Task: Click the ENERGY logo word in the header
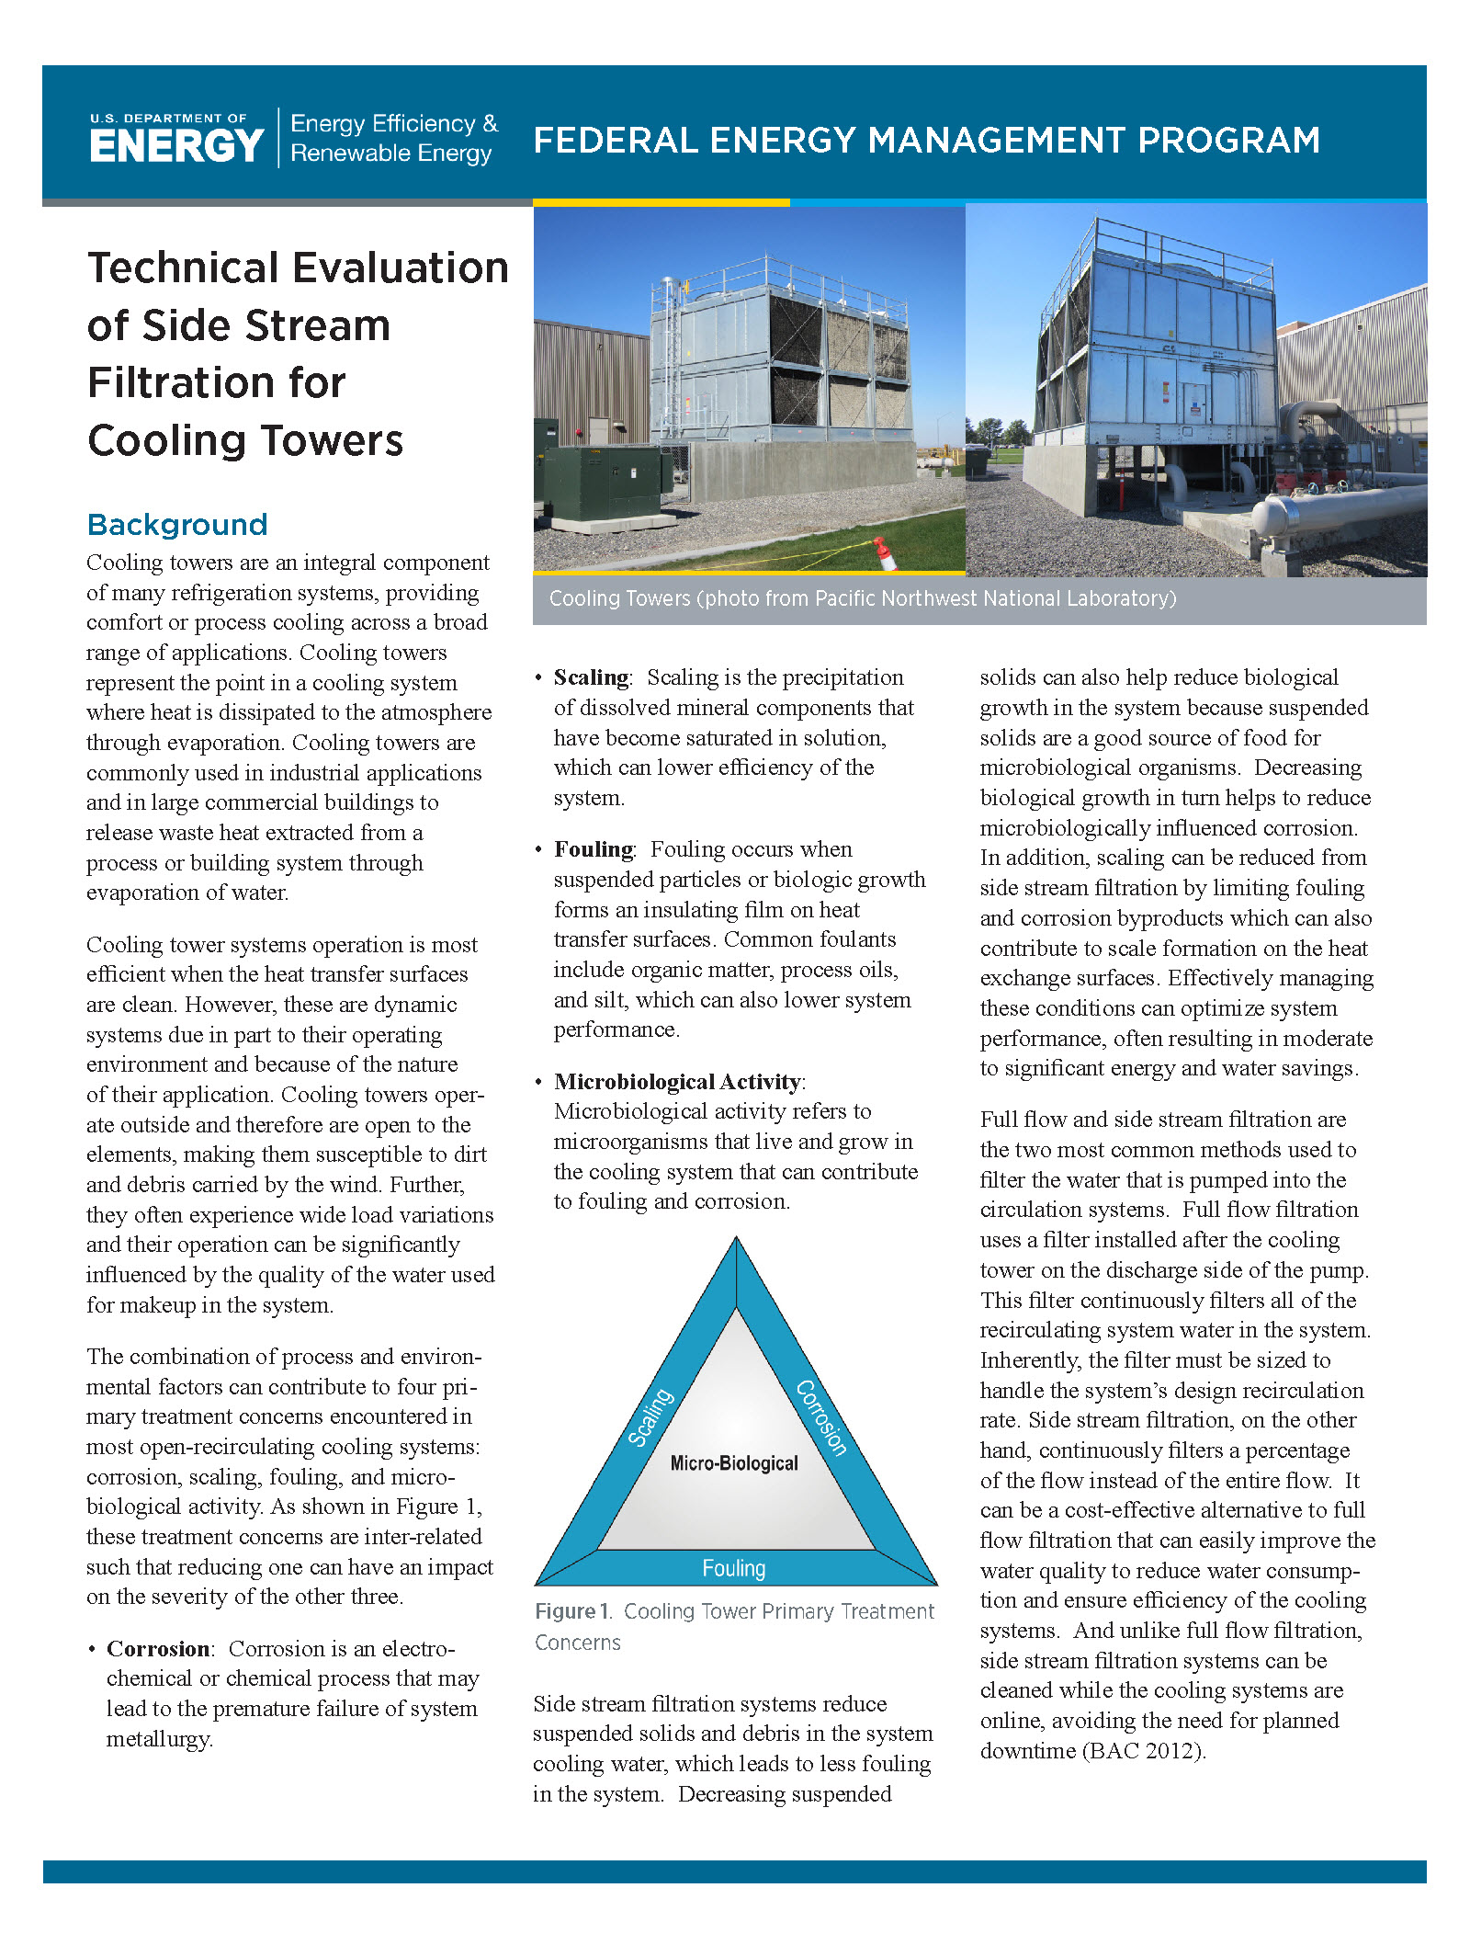click(x=176, y=146)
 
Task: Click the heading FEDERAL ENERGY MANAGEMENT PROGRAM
click(x=926, y=141)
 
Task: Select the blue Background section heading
click(x=177, y=525)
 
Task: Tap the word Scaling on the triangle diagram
click(x=650, y=1417)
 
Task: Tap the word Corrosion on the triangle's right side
click(x=821, y=1417)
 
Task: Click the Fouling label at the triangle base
click(x=733, y=1568)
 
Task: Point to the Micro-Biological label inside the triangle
click(x=733, y=1463)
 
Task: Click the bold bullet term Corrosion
click(x=158, y=1649)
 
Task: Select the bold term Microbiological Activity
click(x=677, y=1082)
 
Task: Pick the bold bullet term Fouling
click(x=593, y=849)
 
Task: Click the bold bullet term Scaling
click(x=591, y=677)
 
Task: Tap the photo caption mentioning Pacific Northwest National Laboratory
click(x=862, y=598)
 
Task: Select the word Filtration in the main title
click(x=216, y=383)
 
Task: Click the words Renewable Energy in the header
click(x=391, y=154)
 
